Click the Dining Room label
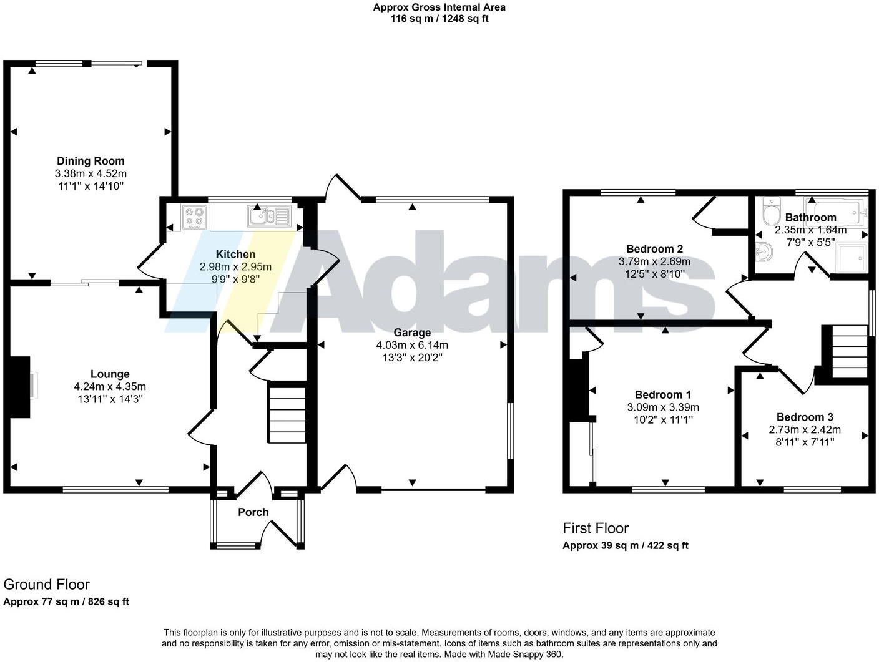click(x=91, y=161)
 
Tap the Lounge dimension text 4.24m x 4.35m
click(x=110, y=387)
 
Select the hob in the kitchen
click(x=194, y=217)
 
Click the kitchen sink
click(x=268, y=217)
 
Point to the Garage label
click(x=412, y=333)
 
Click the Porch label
click(x=253, y=512)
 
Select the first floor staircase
click(x=850, y=353)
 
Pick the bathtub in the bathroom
click(x=837, y=212)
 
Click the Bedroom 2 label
click(x=650, y=249)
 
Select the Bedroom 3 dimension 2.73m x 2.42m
click(x=805, y=429)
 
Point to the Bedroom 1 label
click(x=662, y=394)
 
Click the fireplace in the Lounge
click(x=20, y=387)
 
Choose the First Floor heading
click(x=596, y=528)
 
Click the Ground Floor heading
click(x=47, y=585)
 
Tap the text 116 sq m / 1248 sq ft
click(x=439, y=19)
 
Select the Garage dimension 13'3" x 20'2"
click(x=412, y=358)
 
